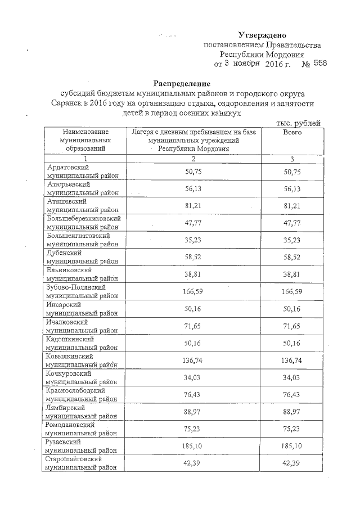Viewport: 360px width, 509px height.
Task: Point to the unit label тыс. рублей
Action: coord(298,123)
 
